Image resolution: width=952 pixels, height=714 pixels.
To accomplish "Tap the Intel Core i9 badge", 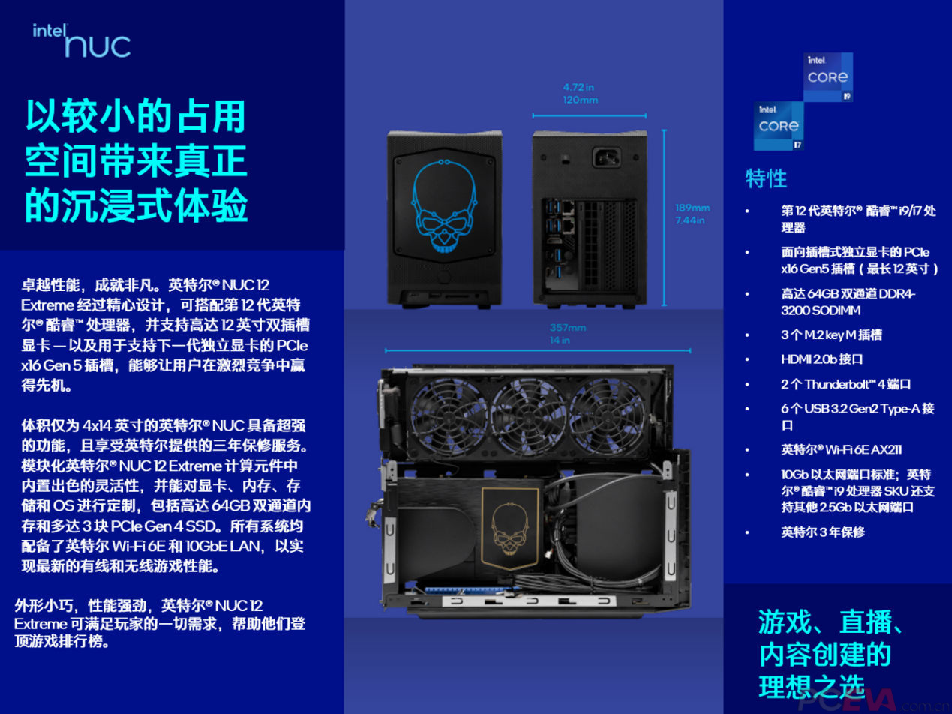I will point(828,76).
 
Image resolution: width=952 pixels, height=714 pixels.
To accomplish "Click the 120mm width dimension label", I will point(581,93).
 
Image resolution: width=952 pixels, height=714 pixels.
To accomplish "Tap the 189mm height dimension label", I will point(692,214).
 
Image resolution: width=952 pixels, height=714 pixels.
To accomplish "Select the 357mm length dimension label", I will point(568,333).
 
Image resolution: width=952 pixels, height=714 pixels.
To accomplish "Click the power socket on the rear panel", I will point(607,157).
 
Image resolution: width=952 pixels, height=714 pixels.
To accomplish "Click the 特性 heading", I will point(766,178).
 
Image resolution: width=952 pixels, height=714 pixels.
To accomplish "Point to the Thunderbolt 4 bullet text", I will point(845,384).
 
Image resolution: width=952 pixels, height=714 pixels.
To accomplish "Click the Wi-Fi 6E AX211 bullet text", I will point(841,450).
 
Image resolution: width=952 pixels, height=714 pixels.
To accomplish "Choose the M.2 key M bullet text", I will point(831,334).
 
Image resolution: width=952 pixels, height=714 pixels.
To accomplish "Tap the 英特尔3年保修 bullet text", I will point(823,532).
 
